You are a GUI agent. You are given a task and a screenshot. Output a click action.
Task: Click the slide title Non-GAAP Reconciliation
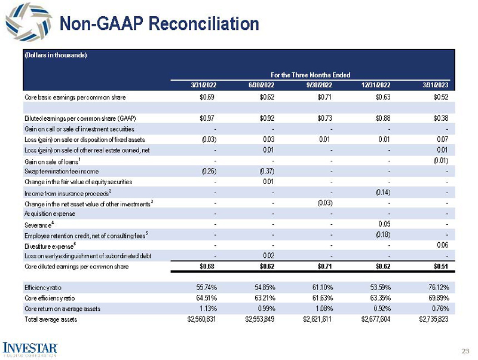click(x=160, y=23)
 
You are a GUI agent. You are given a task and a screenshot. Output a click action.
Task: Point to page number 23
click(x=465, y=350)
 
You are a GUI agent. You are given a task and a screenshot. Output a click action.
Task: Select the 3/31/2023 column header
click(x=435, y=85)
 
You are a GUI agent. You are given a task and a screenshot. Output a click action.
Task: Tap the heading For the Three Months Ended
click(x=310, y=75)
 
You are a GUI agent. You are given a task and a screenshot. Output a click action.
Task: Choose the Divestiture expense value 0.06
click(x=442, y=245)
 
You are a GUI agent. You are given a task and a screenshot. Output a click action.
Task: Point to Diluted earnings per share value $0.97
click(x=207, y=118)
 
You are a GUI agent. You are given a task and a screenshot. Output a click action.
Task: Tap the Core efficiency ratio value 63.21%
click(x=261, y=298)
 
